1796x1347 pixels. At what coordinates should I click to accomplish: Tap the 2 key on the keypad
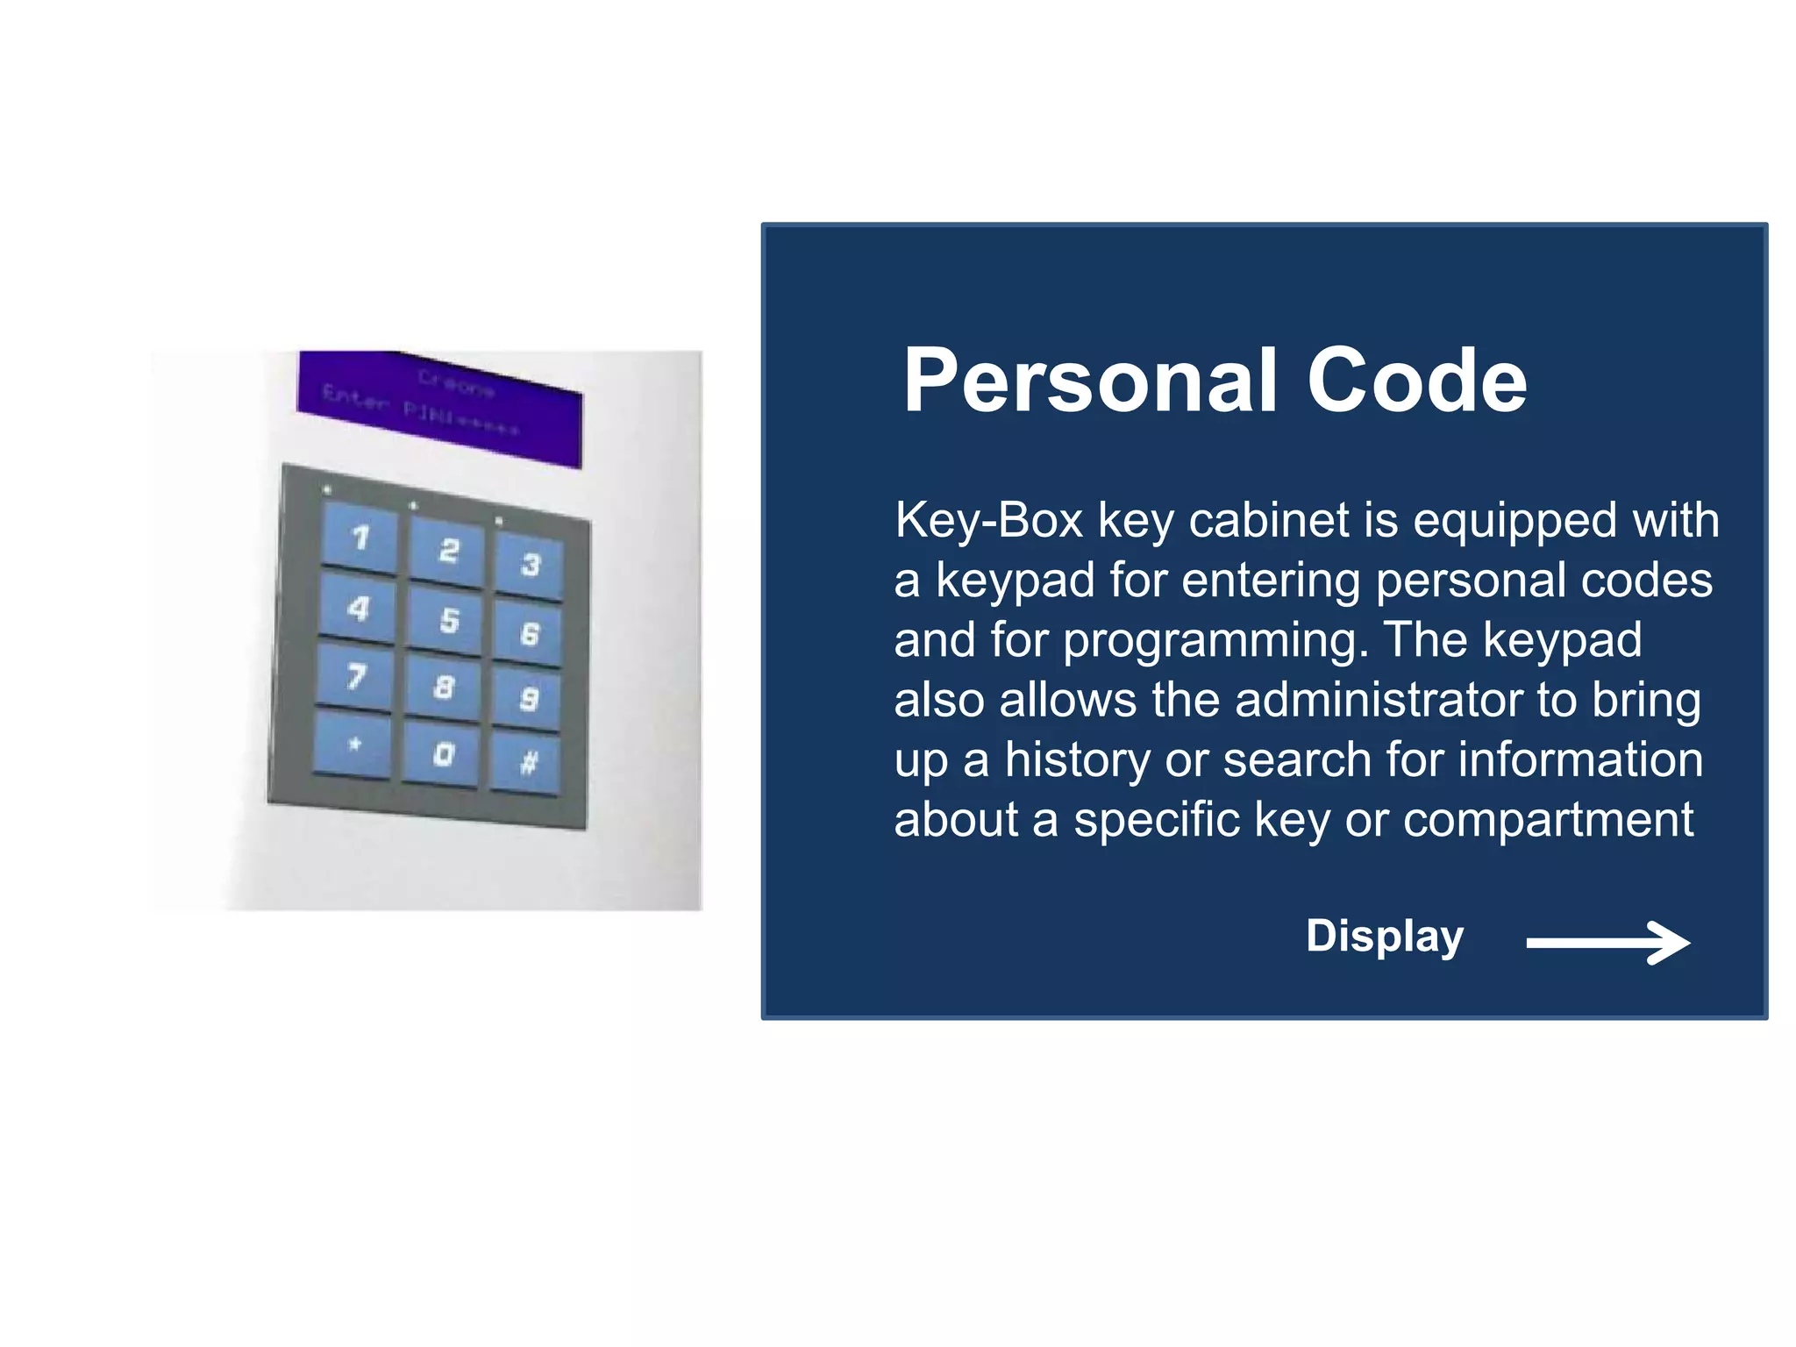click(448, 551)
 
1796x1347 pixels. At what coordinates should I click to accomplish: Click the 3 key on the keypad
click(530, 564)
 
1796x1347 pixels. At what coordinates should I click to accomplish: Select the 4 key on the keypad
click(358, 607)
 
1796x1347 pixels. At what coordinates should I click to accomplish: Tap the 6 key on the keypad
click(529, 633)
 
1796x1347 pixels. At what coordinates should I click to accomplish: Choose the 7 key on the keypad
click(355, 675)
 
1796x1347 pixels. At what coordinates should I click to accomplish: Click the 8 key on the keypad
click(444, 687)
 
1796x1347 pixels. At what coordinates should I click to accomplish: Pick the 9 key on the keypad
click(528, 698)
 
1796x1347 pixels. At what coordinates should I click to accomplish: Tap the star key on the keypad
click(353, 745)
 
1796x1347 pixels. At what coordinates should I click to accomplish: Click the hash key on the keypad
click(527, 764)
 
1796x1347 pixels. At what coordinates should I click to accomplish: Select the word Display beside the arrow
click(1384, 937)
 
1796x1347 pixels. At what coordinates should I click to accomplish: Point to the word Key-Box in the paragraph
click(988, 521)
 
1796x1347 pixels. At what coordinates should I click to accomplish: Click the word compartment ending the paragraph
click(1548, 820)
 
